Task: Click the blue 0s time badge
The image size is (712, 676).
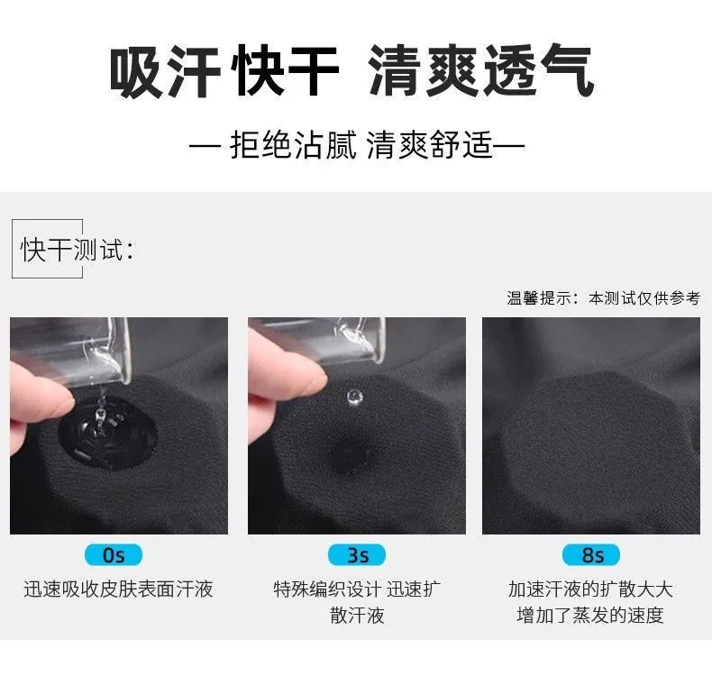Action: [x=114, y=555]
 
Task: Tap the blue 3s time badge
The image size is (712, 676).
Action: [x=357, y=555]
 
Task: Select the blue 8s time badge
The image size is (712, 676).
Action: [x=591, y=555]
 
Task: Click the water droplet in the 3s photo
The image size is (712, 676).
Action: [x=353, y=397]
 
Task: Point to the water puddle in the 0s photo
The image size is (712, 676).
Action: [x=108, y=432]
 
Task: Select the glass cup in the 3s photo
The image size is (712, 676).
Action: [x=318, y=341]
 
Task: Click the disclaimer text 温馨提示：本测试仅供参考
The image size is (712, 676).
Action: [x=604, y=298]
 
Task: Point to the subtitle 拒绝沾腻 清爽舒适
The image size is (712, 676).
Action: [x=357, y=145]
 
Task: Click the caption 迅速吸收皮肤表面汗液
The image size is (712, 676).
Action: [x=118, y=589]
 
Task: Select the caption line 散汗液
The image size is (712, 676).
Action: [x=357, y=616]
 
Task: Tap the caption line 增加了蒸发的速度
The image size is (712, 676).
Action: [x=590, y=616]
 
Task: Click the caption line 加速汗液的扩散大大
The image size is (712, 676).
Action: [x=590, y=589]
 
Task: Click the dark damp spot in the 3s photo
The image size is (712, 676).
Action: [x=351, y=454]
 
